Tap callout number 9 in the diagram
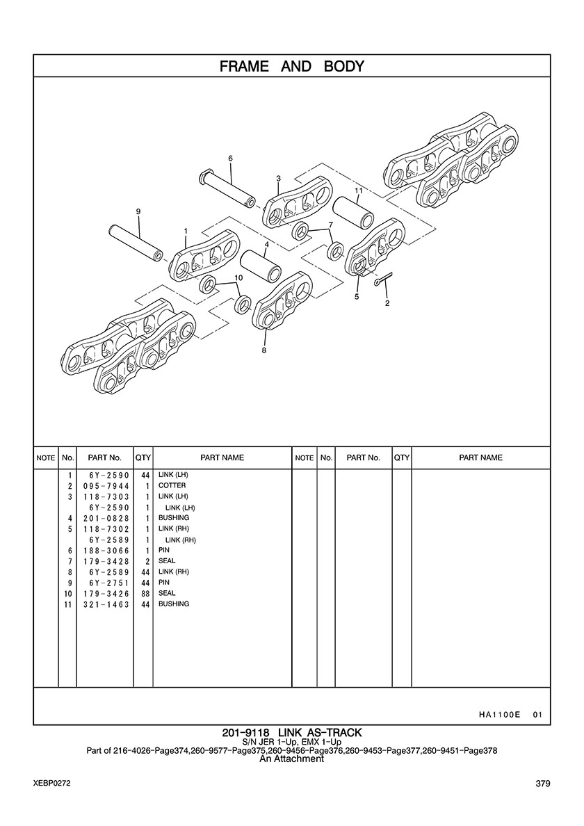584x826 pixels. click(x=138, y=211)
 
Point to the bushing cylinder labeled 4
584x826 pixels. click(x=261, y=264)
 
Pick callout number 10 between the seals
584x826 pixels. click(x=238, y=277)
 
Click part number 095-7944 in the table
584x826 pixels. click(x=106, y=486)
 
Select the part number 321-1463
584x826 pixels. click(x=106, y=604)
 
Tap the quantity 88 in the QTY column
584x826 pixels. click(x=145, y=594)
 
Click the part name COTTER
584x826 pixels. click(x=172, y=485)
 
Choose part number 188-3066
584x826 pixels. click(x=106, y=551)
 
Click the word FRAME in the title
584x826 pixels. click(x=244, y=66)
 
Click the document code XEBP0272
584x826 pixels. click(x=52, y=784)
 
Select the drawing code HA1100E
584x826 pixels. click(x=499, y=715)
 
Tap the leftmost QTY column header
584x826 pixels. click(x=143, y=457)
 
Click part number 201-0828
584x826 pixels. click(x=106, y=518)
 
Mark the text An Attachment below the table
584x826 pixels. click(x=292, y=759)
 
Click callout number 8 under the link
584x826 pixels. click(x=263, y=350)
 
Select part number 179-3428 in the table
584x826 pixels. click(x=106, y=561)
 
